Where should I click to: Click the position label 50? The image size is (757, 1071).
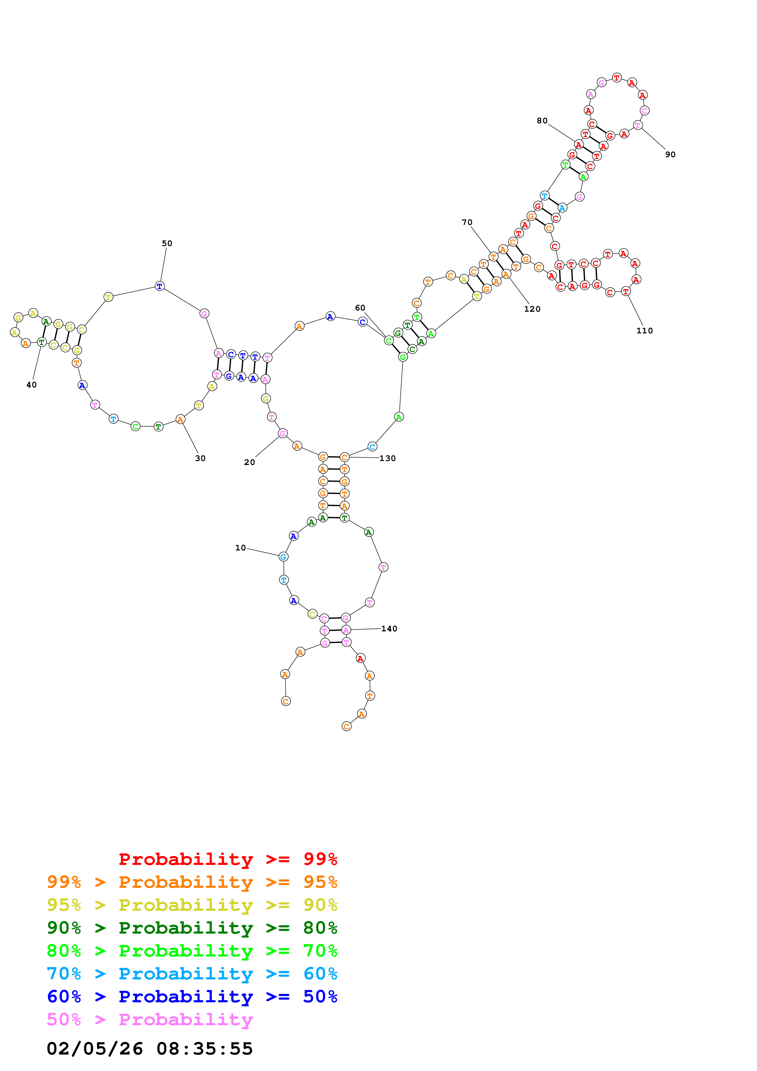tap(167, 244)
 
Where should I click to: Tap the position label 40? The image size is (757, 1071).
tap(31, 385)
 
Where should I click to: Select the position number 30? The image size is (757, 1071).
tap(200, 459)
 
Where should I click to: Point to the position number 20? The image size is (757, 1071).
tap(249, 462)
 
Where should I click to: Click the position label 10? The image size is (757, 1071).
tap(240, 548)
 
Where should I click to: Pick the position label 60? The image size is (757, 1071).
tap(360, 308)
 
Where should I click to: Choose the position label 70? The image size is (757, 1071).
tap(467, 223)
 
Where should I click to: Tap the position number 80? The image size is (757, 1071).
tap(542, 121)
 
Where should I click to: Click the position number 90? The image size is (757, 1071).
tap(670, 155)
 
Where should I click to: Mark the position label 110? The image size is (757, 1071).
tap(645, 331)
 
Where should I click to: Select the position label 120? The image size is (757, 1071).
tap(532, 309)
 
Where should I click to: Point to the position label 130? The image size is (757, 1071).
tap(387, 459)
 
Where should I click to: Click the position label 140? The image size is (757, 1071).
tap(389, 629)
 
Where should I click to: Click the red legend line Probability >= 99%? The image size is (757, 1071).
tap(227, 859)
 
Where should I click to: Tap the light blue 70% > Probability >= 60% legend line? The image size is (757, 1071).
tap(192, 974)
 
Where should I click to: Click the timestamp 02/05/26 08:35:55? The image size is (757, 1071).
tap(150, 1049)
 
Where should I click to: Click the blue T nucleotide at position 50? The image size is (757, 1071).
tap(159, 286)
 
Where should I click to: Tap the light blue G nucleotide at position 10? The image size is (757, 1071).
tap(283, 557)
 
